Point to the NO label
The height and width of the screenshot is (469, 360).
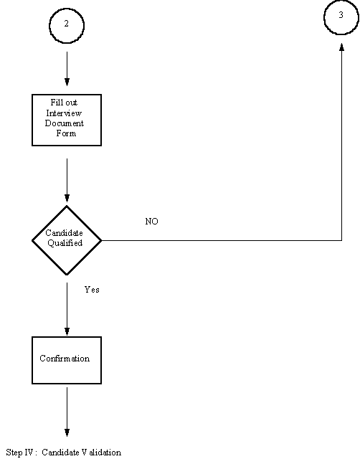click(151, 222)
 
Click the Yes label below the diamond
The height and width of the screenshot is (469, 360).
click(92, 290)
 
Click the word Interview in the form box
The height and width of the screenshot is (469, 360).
click(64, 113)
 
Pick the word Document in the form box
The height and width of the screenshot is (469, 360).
click(65, 123)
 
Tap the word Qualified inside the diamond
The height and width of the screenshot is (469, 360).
click(65, 243)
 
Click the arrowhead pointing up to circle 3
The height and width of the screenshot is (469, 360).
click(342, 47)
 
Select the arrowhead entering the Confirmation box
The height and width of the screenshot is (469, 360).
click(67, 331)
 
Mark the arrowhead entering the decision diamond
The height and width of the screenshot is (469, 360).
click(67, 198)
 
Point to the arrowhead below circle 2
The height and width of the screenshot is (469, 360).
click(67, 82)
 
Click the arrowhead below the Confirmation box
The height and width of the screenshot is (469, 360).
click(67, 432)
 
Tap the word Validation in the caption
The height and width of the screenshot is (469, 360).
click(101, 453)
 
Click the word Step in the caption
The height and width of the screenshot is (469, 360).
click(14, 453)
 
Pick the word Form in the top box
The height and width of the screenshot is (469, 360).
click(66, 133)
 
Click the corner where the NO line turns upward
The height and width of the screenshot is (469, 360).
click(342, 240)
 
